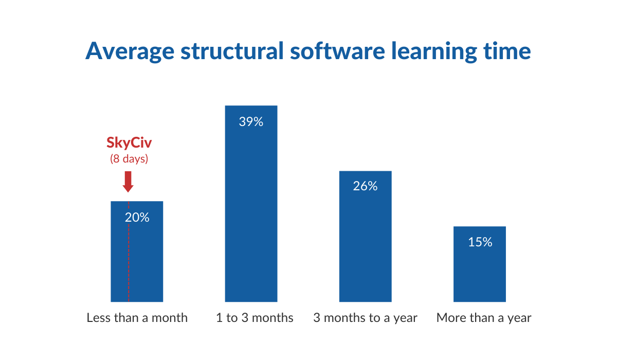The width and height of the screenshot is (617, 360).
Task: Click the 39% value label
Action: (x=251, y=122)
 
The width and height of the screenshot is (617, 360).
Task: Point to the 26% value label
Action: (x=365, y=186)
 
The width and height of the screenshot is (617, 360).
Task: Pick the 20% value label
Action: (x=137, y=217)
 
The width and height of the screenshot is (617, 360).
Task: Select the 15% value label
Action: (x=480, y=242)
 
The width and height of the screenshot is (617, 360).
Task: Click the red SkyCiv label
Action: (x=129, y=143)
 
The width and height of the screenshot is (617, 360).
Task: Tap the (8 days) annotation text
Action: (x=129, y=159)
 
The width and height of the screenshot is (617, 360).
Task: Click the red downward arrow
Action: (x=129, y=181)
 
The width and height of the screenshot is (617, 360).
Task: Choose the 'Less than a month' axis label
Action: (x=137, y=318)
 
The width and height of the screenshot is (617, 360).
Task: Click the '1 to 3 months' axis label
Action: (x=255, y=318)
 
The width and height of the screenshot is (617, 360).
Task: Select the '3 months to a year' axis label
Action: (x=366, y=318)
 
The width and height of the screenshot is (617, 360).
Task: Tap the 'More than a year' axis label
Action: (x=484, y=318)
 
